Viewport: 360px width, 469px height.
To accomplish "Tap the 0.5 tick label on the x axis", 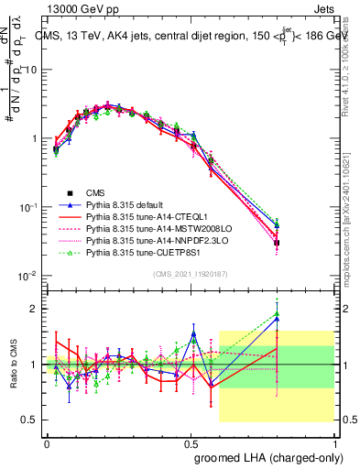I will (192, 442).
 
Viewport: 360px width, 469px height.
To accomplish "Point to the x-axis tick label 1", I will (337, 442).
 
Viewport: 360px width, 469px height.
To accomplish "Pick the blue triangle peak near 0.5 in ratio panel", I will (193, 333).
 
